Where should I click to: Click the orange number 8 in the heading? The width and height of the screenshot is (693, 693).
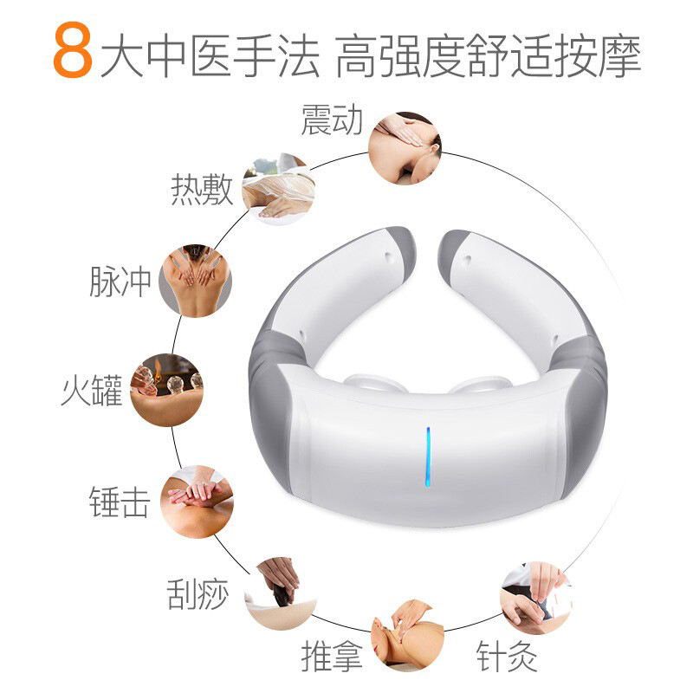tap(73, 50)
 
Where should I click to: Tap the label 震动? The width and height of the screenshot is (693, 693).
tap(332, 120)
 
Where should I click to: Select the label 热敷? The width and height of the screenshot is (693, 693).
tap(202, 189)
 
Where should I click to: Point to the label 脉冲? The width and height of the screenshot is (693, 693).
tap(120, 281)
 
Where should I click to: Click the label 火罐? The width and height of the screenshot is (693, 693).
tap(92, 391)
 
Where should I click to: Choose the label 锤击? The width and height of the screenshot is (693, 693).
tap(120, 502)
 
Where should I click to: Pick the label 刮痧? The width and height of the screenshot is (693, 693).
tap(198, 593)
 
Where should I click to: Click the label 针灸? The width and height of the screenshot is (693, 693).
tap(507, 656)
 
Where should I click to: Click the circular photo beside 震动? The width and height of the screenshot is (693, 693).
tap(405, 148)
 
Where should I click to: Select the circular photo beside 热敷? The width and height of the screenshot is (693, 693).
tap(279, 189)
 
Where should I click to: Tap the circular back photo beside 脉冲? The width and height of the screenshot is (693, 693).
tap(196, 281)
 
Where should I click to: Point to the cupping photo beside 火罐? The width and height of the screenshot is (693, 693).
tap(166, 391)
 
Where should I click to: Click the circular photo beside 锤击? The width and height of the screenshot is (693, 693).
tap(198, 502)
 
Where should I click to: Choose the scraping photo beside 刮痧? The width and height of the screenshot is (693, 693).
tap(280, 593)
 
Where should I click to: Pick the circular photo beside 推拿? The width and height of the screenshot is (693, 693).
tap(407, 636)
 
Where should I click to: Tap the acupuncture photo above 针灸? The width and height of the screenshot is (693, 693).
tap(536, 599)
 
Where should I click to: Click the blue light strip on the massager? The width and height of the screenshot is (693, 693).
tap(428, 457)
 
